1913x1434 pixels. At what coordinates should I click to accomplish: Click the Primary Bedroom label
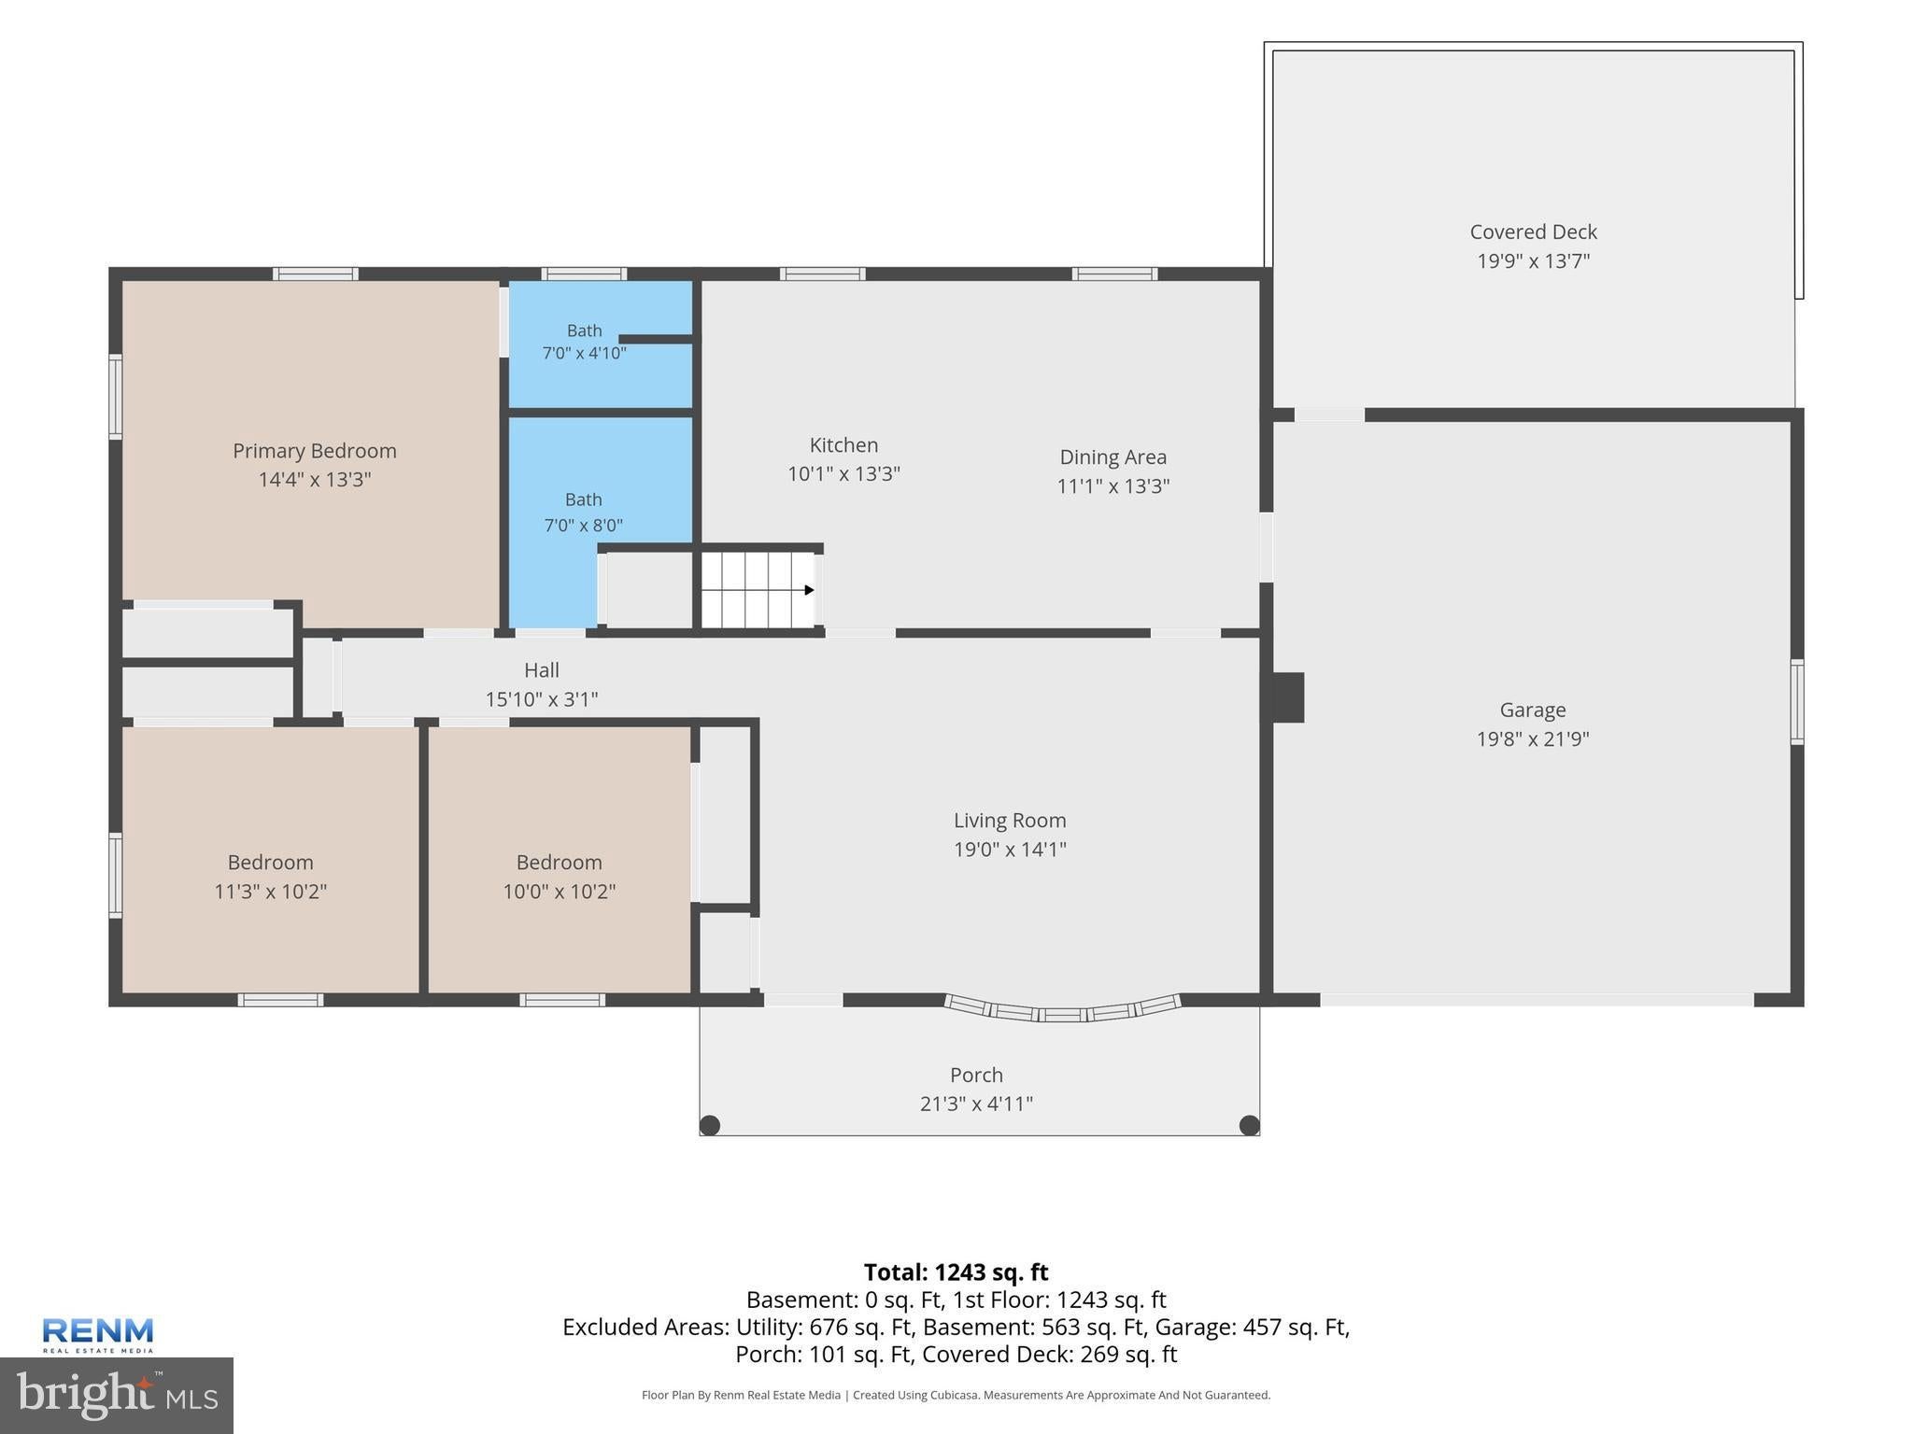315,451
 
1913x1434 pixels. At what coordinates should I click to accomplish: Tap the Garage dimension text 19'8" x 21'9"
1533,738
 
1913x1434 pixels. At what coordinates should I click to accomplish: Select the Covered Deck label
1533,232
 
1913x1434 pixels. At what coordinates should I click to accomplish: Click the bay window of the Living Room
1062,1010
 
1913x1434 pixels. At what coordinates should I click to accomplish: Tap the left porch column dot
710,1125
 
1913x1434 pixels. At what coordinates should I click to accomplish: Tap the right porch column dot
1249,1125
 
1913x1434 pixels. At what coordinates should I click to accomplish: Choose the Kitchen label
843,445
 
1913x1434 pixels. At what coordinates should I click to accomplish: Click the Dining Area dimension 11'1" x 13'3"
1112,485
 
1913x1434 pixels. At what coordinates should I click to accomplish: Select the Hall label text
542,670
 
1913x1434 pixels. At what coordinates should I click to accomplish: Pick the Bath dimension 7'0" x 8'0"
584,525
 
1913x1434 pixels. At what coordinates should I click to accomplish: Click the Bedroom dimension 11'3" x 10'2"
270,891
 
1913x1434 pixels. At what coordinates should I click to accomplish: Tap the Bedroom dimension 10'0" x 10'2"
559,891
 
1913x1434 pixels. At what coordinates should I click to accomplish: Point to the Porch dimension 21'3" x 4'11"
976,1104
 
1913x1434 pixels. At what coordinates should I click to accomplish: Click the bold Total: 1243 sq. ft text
956,1272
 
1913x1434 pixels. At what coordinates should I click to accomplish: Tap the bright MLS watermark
117,1395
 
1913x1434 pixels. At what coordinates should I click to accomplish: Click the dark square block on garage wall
1288,697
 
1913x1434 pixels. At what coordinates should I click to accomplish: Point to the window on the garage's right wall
1796,701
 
